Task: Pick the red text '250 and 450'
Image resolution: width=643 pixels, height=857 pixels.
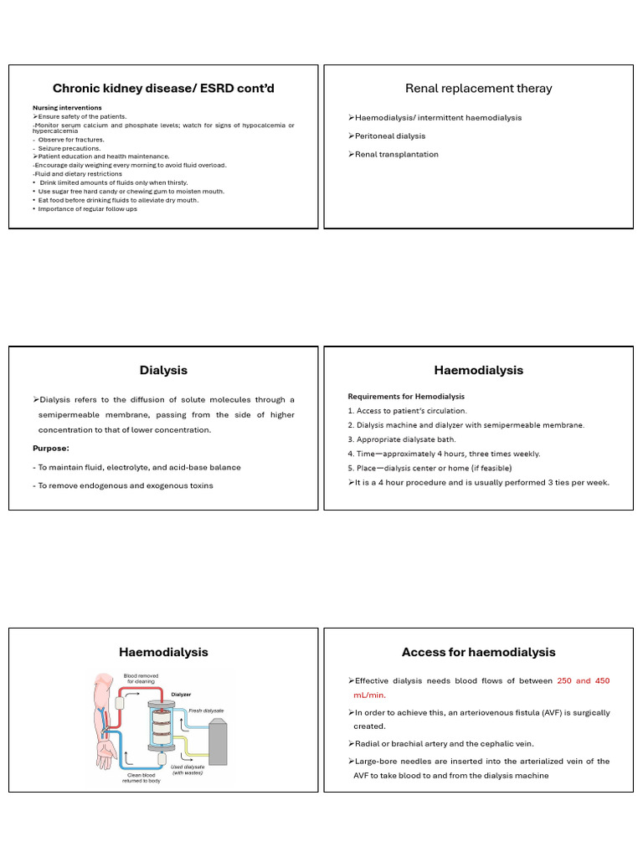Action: coord(583,681)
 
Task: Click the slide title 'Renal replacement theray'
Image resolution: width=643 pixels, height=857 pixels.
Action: coord(478,88)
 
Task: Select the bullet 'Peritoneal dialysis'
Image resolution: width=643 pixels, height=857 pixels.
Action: coord(391,136)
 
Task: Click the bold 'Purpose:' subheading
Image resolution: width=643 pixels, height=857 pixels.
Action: coord(50,448)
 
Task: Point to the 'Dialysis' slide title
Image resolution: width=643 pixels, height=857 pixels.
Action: coord(163,370)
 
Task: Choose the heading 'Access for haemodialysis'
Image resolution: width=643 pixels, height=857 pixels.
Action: coord(478,652)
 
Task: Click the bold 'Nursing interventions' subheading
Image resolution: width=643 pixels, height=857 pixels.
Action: coord(67,108)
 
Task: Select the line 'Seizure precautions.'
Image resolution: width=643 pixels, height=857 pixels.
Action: coord(72,148)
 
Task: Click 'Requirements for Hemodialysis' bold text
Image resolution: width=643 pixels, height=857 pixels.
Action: coord(406,396)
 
